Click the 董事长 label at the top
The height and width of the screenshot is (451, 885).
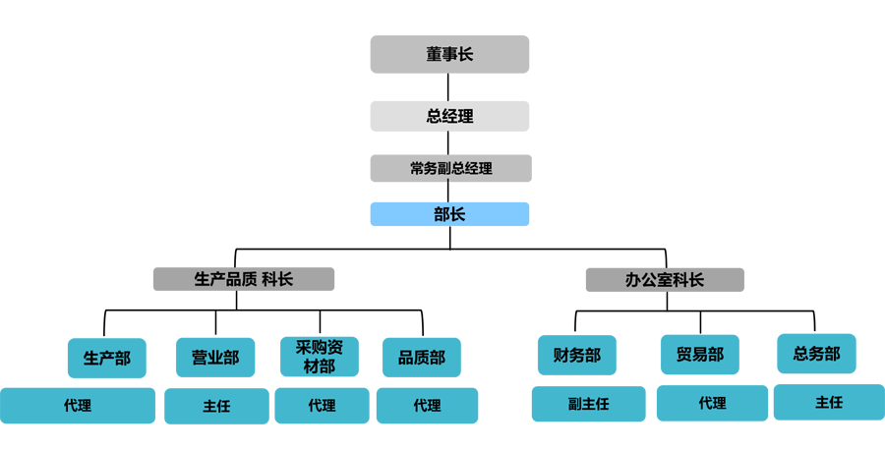coord(449,54)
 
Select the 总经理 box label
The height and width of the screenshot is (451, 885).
coord(449,116)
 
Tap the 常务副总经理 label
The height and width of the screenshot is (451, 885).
coord(450,168)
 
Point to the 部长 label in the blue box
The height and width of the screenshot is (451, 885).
coord(449,213)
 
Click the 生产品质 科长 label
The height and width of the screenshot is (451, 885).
coord(244,279)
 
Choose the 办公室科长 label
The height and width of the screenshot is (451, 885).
coord(665,279)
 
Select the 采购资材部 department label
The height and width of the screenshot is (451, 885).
coord(320,357)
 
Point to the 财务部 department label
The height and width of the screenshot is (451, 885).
coord(577,355)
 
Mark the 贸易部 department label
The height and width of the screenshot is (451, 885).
coord(700,355)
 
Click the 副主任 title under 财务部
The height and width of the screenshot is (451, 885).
coord(588,404)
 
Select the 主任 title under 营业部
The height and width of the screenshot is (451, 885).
coord(216,405)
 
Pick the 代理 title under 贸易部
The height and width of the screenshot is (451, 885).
coord(712,403)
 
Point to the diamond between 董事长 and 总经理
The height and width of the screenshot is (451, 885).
coord(448,85)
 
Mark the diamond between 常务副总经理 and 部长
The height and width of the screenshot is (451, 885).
coord(448,192)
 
